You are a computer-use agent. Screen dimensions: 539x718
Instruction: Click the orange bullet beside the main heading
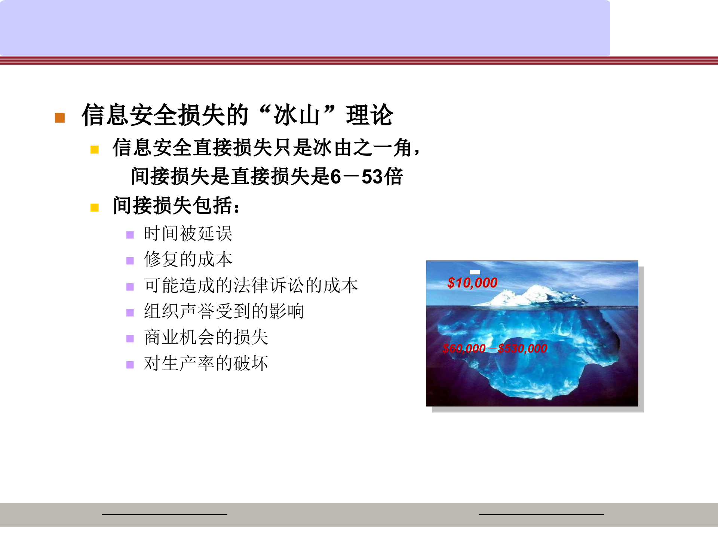coord(60,118)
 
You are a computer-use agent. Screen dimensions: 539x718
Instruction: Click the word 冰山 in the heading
coord(296,115)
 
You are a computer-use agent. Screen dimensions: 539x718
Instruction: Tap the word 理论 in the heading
coord(369,115)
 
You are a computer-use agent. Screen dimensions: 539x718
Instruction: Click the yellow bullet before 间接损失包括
coord(94,207)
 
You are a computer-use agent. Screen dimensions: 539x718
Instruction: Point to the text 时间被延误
coord(188,234)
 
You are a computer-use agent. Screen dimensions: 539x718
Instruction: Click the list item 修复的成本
coord(188,259)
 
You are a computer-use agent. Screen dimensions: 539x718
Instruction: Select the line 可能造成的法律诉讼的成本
coord(251,285)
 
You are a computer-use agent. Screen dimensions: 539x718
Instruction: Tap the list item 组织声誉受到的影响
coord(224,311)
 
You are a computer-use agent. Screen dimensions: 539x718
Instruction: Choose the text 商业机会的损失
coord(206,337)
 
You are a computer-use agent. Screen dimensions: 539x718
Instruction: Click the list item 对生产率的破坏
coord(206,363)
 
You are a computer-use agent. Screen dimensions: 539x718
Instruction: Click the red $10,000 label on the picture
coord(472,283)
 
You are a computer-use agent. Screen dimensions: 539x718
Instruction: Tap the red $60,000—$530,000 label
coord(494,348)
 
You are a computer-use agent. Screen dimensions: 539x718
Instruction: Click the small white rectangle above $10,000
coord(475,272)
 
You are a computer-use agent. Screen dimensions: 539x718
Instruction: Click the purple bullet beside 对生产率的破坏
coord(130,365)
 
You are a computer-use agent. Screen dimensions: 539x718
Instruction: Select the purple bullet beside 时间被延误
coord(130,235)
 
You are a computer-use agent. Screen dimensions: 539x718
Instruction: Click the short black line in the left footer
coord(164,514)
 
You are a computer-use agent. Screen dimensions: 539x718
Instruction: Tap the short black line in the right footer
coord(541,514)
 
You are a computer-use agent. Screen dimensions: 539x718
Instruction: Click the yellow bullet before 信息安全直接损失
coord(94,150)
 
